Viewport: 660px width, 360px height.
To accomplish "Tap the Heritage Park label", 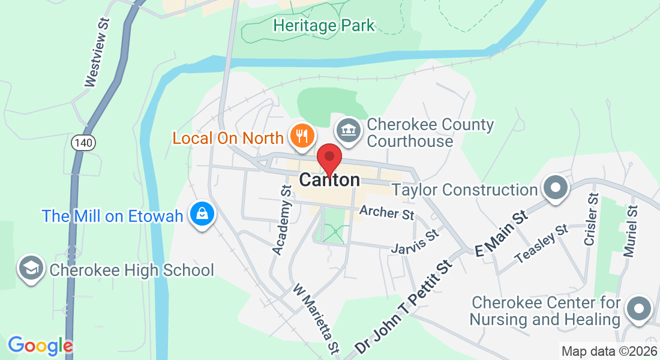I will [323, 25].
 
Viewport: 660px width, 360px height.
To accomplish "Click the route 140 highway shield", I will [82, 143].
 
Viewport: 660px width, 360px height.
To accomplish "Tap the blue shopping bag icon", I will [202, 214].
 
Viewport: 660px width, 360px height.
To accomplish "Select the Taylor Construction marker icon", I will [555, 188].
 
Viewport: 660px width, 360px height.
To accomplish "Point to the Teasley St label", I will [542, 244].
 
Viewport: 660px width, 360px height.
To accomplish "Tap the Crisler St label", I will [591, 219].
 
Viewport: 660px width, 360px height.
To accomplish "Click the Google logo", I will [40, 346].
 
